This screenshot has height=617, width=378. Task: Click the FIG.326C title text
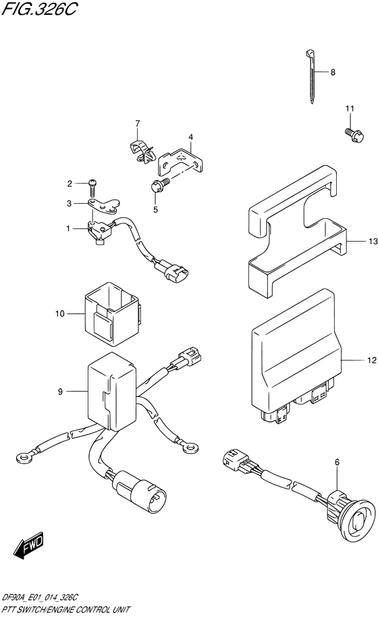pyautogui.click(x=39, y=9)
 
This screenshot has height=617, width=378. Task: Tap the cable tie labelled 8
pyautogui.click(x=310, y=77)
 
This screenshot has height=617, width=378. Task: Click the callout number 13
pyautogui.click(x=373, y=241)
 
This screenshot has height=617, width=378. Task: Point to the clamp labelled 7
pyautogui.click(x=142, y=151)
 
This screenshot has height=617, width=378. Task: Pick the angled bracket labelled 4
pyautogui.click(x=182, y=161)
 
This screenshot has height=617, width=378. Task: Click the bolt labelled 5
pyautogui.click(x=161, y=185)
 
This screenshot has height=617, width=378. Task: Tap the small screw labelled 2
pyautogui.click(x=92, y=187)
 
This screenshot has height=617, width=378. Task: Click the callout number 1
pyautogui.click(x=68, y=228)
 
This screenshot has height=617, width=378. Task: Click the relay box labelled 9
pyautogui.click(x=111, y=390)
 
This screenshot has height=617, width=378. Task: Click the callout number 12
pyautogui.click(x=371, y=360)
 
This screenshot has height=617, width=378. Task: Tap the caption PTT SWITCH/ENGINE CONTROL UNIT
pyautogui.click(x=65, y=609)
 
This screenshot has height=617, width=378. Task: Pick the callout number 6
pyautogui.click(x=337, y=462)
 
